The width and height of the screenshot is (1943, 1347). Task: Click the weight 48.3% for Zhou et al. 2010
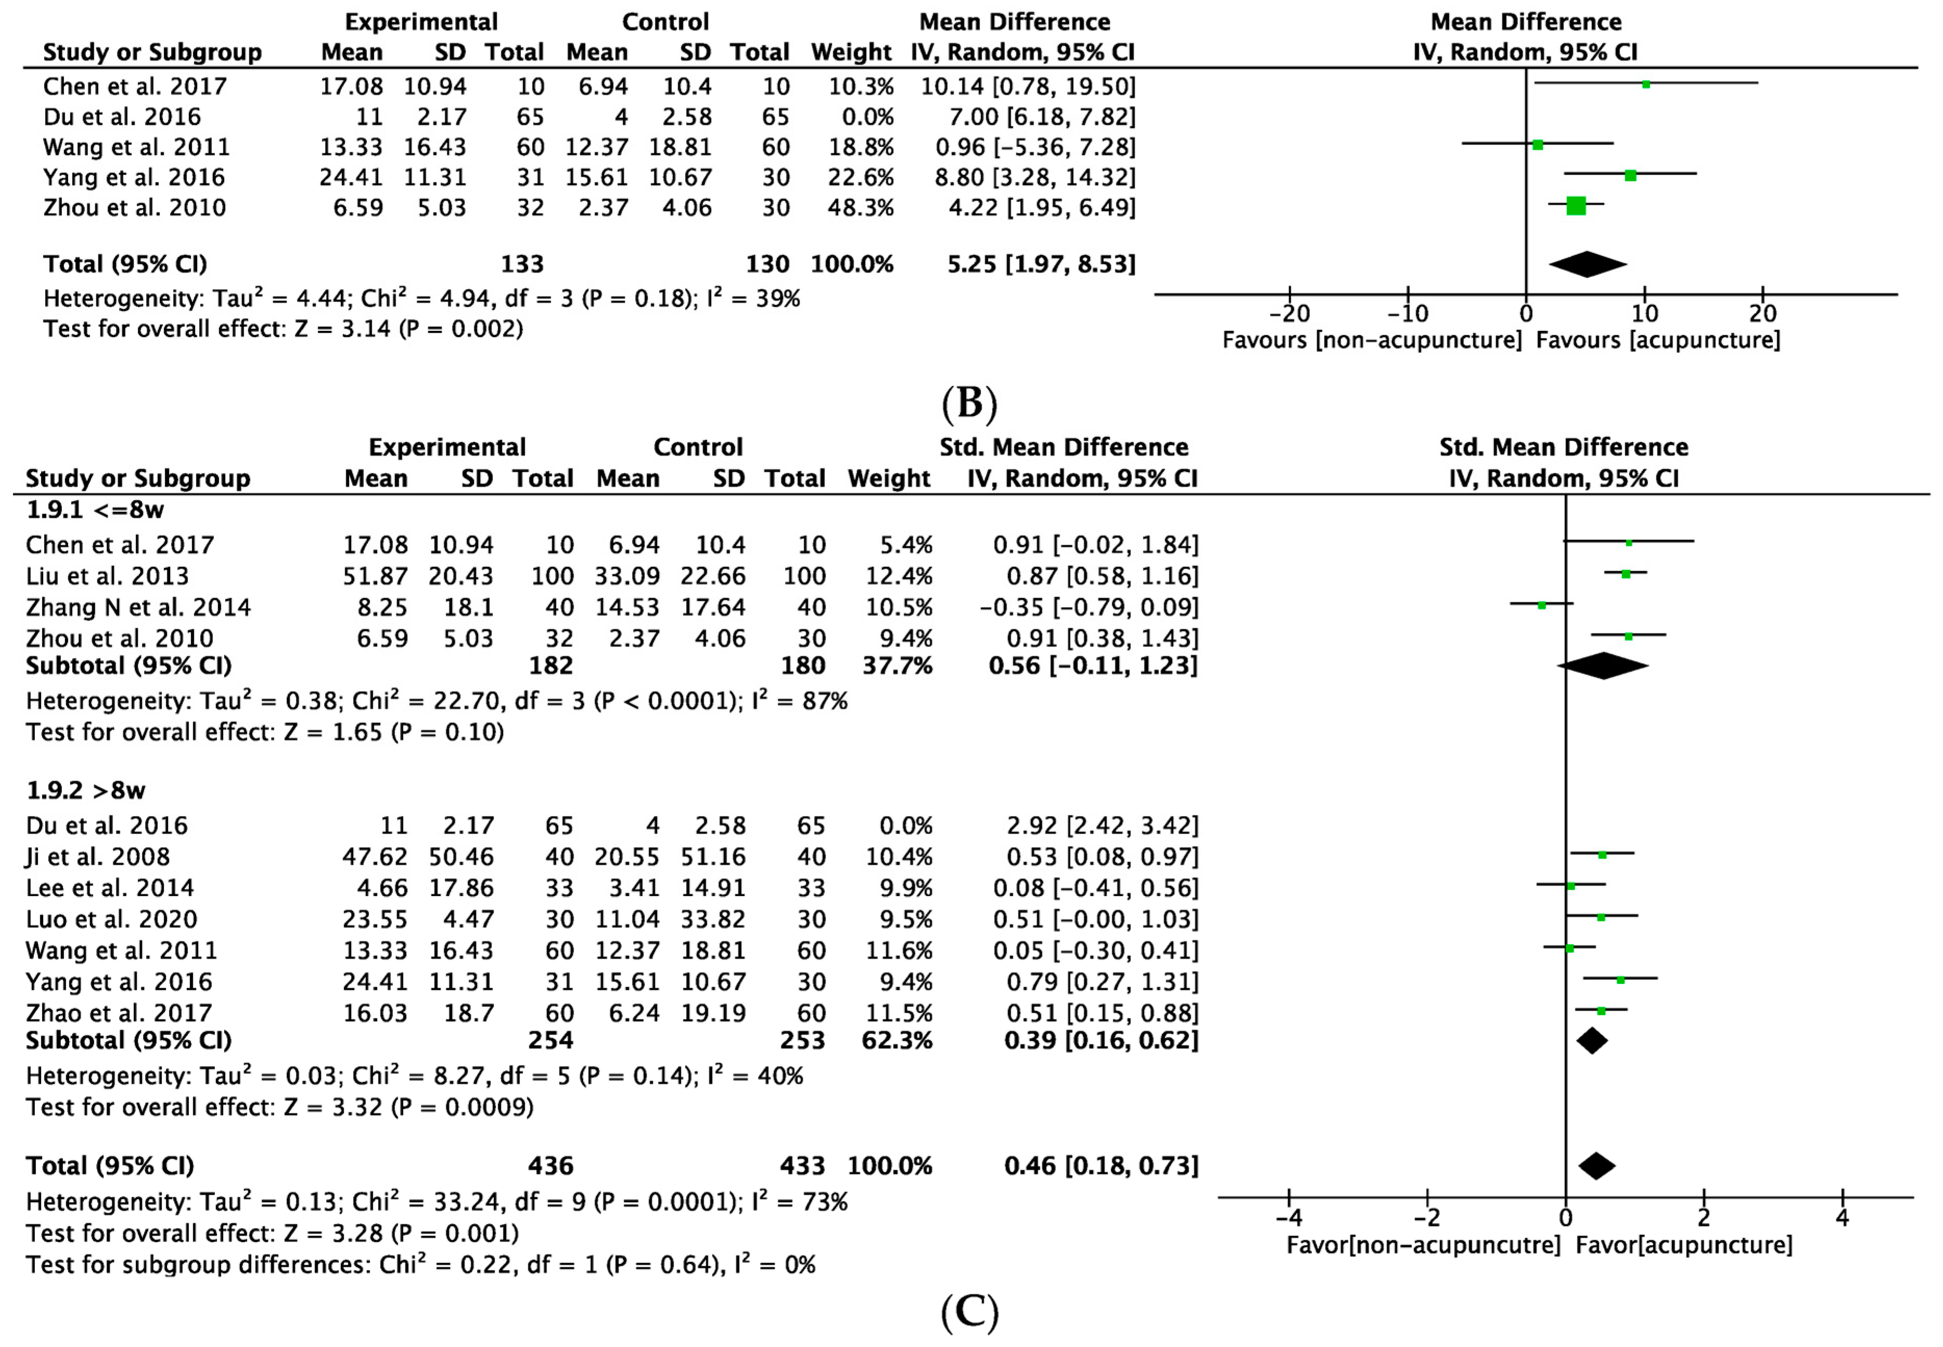tap(860, 208)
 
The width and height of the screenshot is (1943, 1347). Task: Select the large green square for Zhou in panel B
tap(1575, 206)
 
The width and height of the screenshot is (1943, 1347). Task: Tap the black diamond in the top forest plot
tap(1587, 264)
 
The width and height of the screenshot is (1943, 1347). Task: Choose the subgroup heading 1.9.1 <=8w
tap(95, 510)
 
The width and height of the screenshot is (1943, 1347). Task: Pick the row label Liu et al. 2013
tap(107, 576)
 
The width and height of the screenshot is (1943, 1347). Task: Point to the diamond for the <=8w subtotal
tap(1602, 666)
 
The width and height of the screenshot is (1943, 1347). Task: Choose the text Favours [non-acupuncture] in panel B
tap(1372, 340)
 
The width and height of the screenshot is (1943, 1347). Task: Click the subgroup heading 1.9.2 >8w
tap(85, 791)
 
